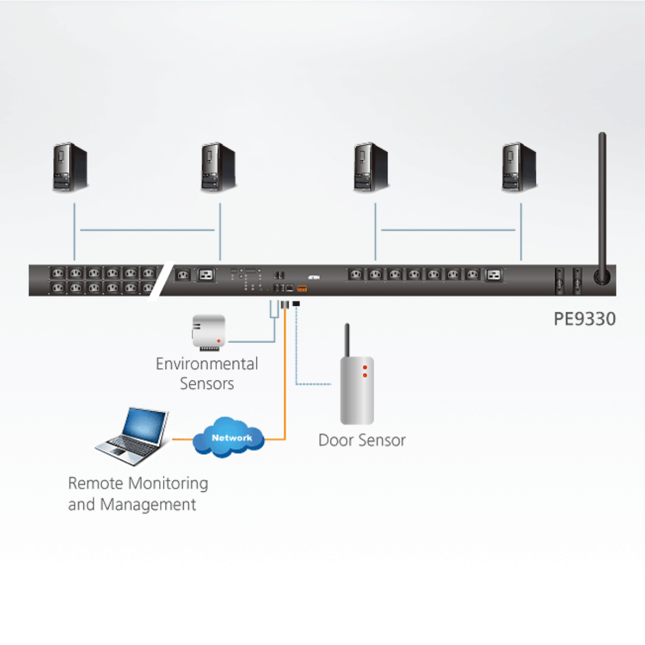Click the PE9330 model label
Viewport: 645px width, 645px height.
click(584, 319)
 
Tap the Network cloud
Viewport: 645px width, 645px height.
click(230, 438)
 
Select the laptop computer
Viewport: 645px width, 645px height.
click(133, 436)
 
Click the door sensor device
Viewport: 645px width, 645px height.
click(357, 389)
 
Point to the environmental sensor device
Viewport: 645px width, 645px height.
click(209, 333)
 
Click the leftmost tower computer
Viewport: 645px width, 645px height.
click(70, 167)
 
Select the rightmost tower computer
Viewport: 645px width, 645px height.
click(519, 167)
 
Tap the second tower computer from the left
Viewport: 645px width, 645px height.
click(218, 167)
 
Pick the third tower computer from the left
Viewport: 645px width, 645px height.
click(371, 167)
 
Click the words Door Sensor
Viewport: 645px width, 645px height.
click(362, 440)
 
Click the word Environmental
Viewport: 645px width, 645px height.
click(207, 364)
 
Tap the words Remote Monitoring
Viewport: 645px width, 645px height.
click(138, 483)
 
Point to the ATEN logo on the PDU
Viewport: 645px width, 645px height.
click(314, 277)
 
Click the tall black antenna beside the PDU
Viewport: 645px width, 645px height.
click(602, 204)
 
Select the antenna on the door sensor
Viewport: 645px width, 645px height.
click(347, 340)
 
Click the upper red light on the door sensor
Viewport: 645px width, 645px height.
click(365, 368)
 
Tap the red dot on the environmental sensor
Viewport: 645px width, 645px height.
click(219, 341)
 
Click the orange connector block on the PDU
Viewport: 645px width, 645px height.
click(302, 289)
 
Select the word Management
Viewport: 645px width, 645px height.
click(148, 505)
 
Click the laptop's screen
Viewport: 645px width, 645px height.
click(145, 428)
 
